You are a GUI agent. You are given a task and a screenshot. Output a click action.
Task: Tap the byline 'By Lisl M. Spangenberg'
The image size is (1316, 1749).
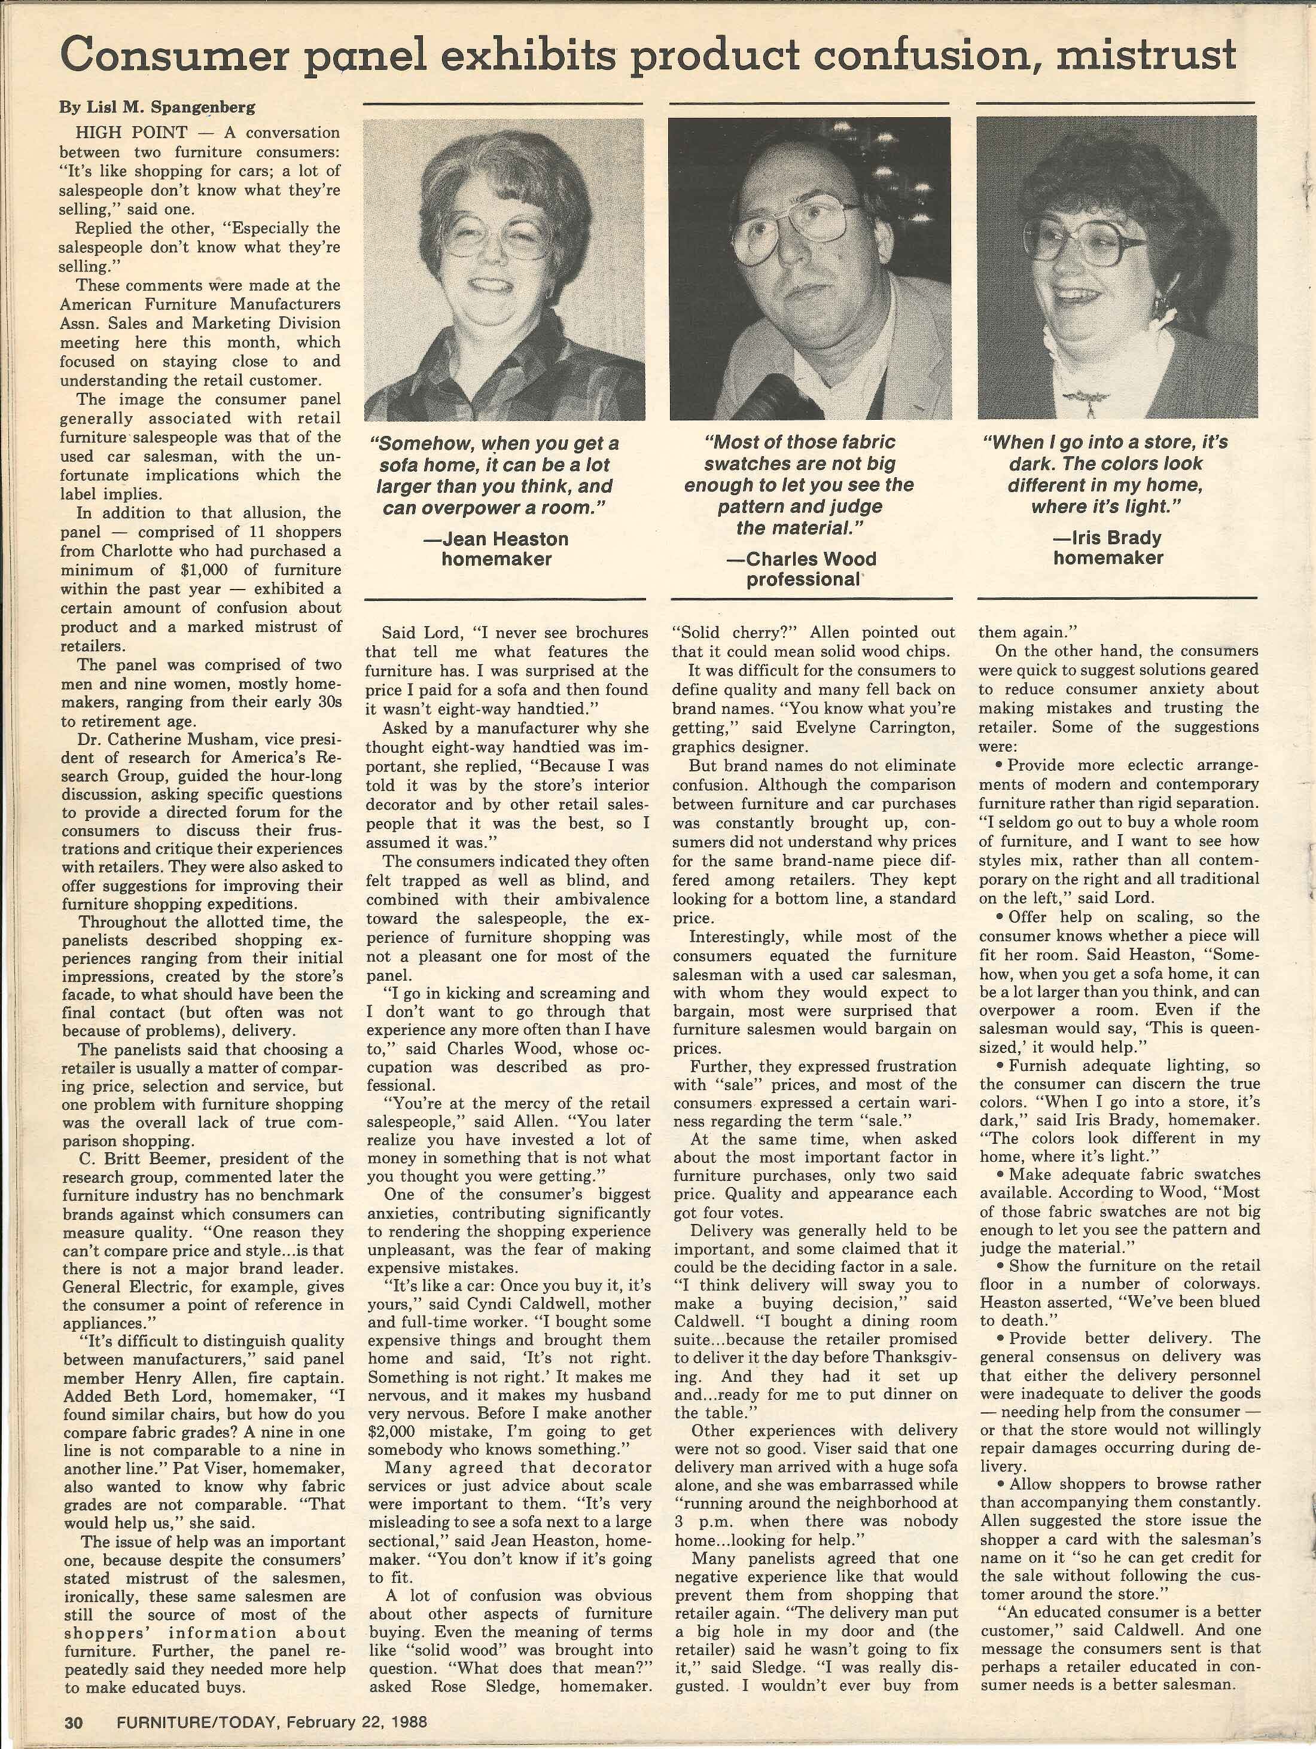[157, 107]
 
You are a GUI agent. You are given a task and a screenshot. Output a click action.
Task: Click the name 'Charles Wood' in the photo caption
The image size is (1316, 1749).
[810, 559]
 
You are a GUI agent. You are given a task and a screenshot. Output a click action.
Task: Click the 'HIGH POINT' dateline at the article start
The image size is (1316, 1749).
[131, 132]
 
